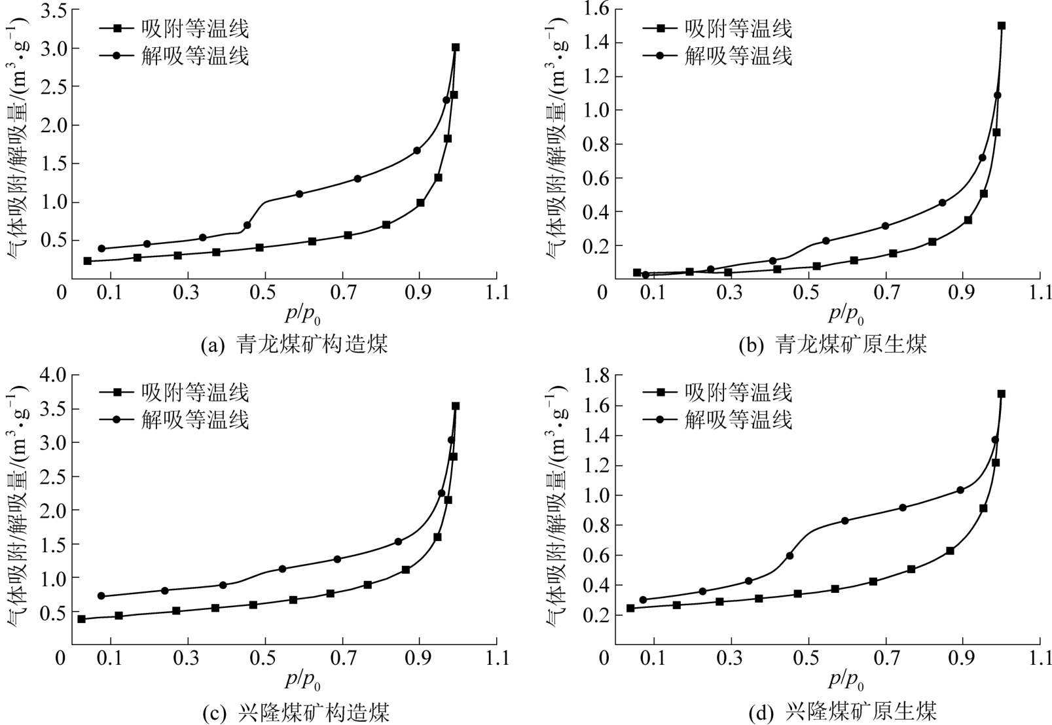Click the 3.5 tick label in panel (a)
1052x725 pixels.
[52, 10]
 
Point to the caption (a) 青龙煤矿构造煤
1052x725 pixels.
[295, 344]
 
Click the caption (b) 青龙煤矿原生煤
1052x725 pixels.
[833, 344]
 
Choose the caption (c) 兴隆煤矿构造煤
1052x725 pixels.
[295, 711]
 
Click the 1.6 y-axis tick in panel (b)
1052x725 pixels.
[595, 9]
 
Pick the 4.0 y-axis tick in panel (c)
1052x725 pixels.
[52, 375]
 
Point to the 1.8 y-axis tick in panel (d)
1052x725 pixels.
[595, 375]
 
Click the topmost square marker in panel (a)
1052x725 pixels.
[456, 47]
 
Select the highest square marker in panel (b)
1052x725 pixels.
[1001, 26]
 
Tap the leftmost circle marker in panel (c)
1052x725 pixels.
[101, 595]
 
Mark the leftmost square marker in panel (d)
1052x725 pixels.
[630, 608]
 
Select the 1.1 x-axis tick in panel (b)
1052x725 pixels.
[1040, 292]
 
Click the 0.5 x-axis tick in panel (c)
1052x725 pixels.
[265, 658]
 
